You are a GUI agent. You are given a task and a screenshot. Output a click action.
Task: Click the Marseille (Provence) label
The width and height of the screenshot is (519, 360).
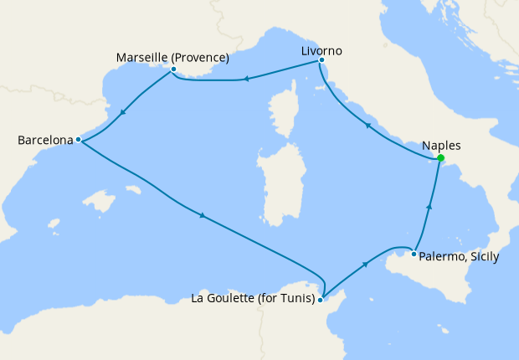coord(172,58)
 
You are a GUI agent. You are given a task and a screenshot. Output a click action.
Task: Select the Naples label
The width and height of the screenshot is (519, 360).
coord(442,145)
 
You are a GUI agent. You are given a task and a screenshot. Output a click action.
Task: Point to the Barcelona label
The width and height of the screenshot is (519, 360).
coord(45,141)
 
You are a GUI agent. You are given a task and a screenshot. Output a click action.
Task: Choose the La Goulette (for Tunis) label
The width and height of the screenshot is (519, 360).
coord(252,298)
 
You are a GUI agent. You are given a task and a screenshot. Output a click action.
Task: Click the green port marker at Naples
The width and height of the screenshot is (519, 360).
coord(440,158)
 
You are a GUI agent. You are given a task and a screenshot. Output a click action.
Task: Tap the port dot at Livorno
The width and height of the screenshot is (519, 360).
coord(321,60)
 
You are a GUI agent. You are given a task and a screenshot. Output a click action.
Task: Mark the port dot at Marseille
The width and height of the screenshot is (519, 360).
coord(173,69)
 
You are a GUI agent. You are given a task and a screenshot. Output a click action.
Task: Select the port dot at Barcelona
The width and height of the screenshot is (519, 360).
coord(77,140)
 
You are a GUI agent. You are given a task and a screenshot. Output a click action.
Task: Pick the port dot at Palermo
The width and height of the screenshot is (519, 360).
coord(414,254)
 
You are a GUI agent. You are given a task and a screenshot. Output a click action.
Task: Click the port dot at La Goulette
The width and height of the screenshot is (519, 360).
coord(321,299)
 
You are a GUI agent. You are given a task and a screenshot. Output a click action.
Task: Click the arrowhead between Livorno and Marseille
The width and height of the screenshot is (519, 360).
coord(246,80)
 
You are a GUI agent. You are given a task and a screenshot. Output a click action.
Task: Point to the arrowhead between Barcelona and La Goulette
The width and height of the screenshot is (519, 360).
coord(203,217)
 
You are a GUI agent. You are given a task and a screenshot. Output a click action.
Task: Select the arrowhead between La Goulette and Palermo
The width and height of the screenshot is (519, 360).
coord(365,265)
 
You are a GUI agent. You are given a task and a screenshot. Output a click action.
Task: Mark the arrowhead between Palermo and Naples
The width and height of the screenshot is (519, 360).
coord(429,206)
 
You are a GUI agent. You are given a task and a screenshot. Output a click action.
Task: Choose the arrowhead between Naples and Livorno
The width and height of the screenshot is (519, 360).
coord(367,126)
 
